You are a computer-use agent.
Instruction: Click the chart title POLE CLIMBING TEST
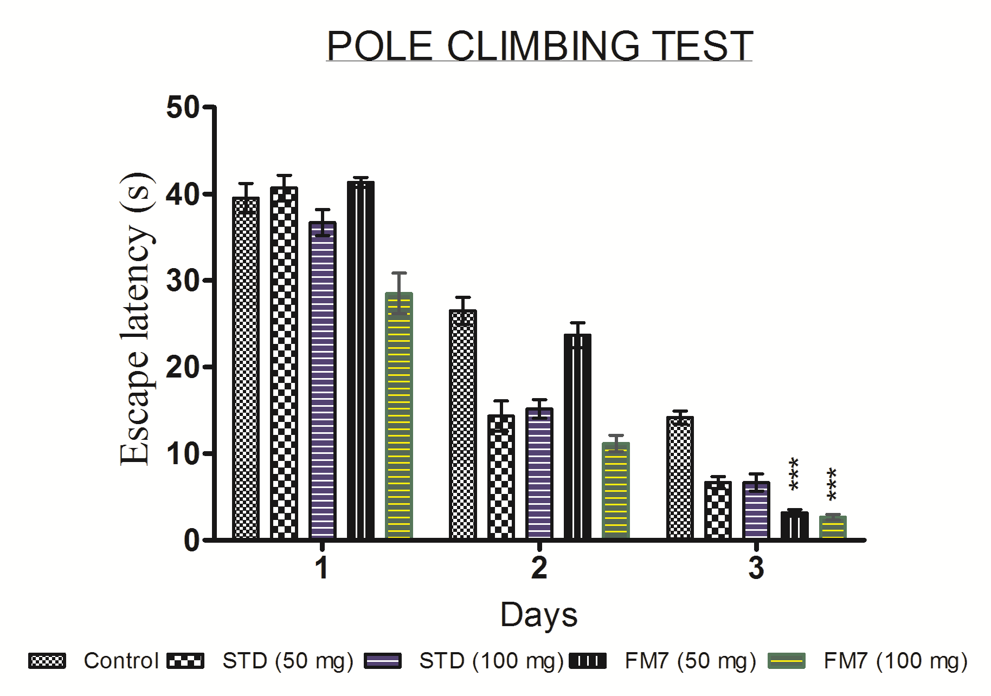pyautogui.click(x=539, y=45)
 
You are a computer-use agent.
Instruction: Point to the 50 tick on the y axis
pyautogui.click(x=183, y=107)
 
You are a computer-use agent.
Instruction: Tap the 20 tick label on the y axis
pyautogui.click(x=183, y=367)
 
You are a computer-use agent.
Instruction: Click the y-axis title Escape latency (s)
pyautogui.click(x=136, y=320)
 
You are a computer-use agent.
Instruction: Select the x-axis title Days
pyautogui.click(x=539, y=615)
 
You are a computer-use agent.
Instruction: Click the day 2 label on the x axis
pyautogui.click(x=539, y=568)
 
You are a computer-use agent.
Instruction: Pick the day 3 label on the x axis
pyautogui.click(x=756, y=568)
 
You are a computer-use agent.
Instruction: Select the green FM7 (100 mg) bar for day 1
pyautogui.click(x=398, y=417)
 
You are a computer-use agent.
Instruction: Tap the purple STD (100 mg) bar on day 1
pyautogui.click(x=323, y=379)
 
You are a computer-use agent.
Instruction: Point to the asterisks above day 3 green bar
pyautogui.click(x=832, y=485)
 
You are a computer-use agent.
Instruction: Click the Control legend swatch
pyautogui.click(x=47, y=661)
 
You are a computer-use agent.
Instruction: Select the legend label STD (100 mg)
pyautogui.click(x=491, y=661)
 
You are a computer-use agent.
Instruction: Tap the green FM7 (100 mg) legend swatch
pyautogui.click(x=787, y=661)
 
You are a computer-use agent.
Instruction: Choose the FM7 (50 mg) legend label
pyautogui.click(x=690, y=661)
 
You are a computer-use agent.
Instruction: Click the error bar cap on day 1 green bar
pyautogui.click(x=398, y=273)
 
